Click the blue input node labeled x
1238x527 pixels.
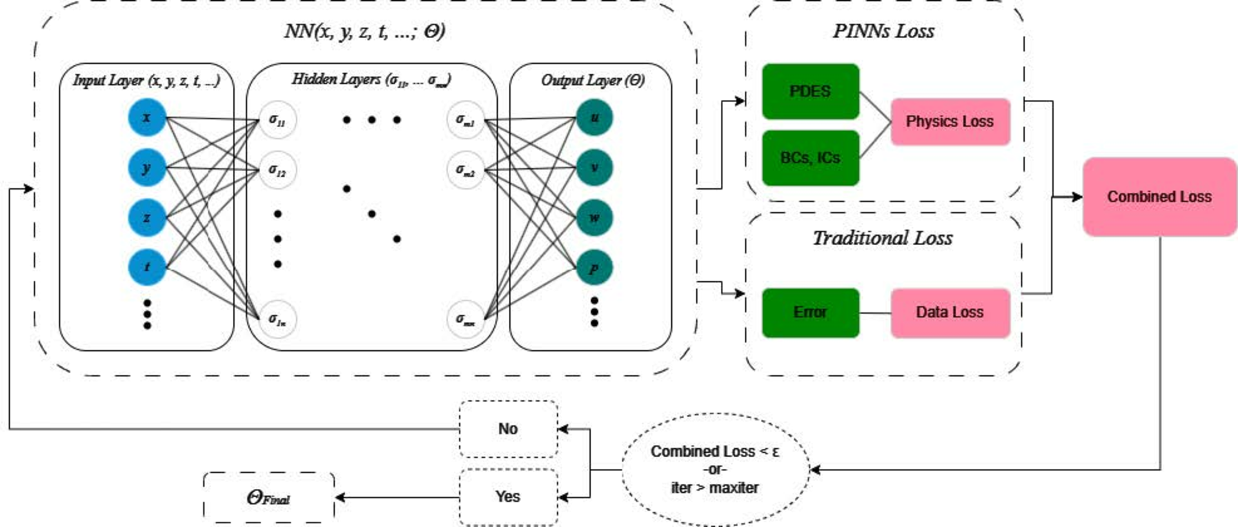[x=147, y=117]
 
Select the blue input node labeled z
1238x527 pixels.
[x=147, y=217]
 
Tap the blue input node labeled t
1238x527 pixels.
[x=147, y=266]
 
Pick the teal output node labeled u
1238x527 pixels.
[x=594, y=117]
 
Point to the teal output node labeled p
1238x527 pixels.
[x=594, y=268]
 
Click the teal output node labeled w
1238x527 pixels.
[x=594, y=217]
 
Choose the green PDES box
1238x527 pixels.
[x=811, y=92]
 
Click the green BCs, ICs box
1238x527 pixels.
[x=811, y=158]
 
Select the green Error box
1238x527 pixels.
[x=811, y=313]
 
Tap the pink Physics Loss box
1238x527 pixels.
[x=950, y=122]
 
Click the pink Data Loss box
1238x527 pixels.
[x=950, y=313]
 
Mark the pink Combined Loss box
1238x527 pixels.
[x=1159, y=197]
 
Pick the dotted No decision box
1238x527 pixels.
[x=508, y=429]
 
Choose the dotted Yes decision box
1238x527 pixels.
[x=508, y=497]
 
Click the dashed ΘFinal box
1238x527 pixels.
[x=269, y=498]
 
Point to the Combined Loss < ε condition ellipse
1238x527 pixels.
[x=715, y=470]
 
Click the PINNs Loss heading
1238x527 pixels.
[x=883, y=31]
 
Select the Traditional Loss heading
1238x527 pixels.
[x=883, y=238]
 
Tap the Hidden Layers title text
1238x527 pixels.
[x=371, y=79]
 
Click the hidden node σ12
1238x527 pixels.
[x=277, y=170]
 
